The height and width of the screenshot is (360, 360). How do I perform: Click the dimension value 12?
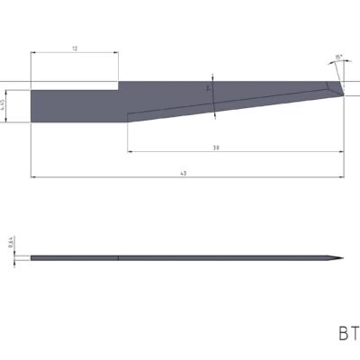(75, 49)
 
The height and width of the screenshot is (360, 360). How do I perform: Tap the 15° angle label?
(337, 58)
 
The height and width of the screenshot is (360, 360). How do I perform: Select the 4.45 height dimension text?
(4, 105)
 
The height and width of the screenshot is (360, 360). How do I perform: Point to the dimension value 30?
(217, 147)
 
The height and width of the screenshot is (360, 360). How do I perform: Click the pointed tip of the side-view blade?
(342, 259)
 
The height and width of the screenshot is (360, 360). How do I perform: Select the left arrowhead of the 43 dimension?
(34, 177)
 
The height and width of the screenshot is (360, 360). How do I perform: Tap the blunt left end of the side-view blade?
(31, 259)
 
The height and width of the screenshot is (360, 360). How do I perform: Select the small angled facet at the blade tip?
(336, 88)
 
